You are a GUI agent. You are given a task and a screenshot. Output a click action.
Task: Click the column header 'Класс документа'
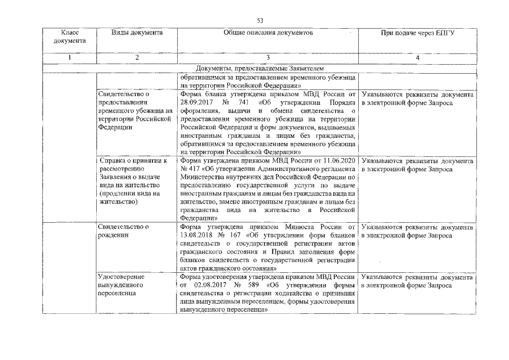click(x=70, y=37)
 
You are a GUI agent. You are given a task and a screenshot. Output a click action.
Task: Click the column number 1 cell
click(x=70, y=58)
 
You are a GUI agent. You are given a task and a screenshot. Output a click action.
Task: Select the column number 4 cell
click(x=417, y=58)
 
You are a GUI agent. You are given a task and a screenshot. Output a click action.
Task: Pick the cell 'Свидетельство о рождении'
click(x=123, y=231)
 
